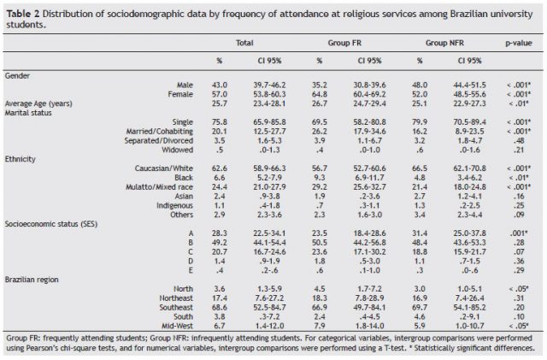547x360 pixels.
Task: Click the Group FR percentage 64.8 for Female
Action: click(320, 93)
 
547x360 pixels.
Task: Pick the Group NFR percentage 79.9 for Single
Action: click(420, 121)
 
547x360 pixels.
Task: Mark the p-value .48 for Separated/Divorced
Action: click(517, 140)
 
